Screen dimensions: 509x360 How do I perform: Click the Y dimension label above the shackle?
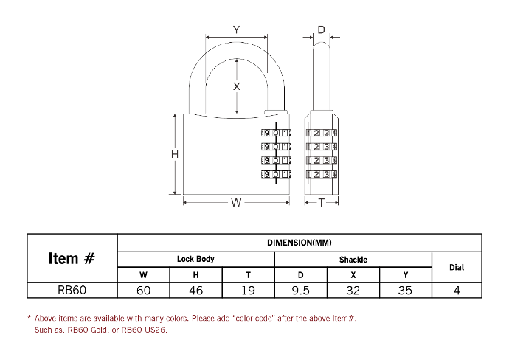(x=236, y=30)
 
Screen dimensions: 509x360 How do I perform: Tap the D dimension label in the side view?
(x=321, y=30)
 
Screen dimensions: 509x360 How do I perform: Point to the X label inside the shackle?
(x=237, y=86)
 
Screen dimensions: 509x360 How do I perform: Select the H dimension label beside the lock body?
(x=175, y=154)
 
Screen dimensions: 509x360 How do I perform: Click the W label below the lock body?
(x=236, y=203)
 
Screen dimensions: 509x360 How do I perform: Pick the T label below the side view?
(x=321, y=203)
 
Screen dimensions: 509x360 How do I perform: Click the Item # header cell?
(x=72, y=258)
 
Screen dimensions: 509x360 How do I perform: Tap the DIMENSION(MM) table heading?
(x=299, y=243)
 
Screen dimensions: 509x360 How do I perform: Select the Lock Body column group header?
(x=195, y=259)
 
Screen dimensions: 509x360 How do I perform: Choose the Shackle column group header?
(x=353, y=260)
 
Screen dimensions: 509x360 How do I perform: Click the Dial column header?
(x=457, y=268)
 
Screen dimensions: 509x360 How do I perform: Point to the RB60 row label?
(x=72, y=290)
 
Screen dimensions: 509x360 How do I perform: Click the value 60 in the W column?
(x=143, y=290)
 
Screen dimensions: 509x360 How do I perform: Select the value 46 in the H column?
(x=195, y=290)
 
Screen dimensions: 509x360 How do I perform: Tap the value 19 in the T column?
(x=249, y=290)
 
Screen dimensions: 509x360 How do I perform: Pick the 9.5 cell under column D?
(x=300, y=290)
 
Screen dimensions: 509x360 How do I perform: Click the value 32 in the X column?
(x=353, y=290)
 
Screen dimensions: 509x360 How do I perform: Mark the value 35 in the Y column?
(x=406, y=290)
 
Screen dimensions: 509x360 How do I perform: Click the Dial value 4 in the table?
(x=457, y=290)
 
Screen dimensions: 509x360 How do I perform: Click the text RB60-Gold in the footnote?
(x=87, y=330)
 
